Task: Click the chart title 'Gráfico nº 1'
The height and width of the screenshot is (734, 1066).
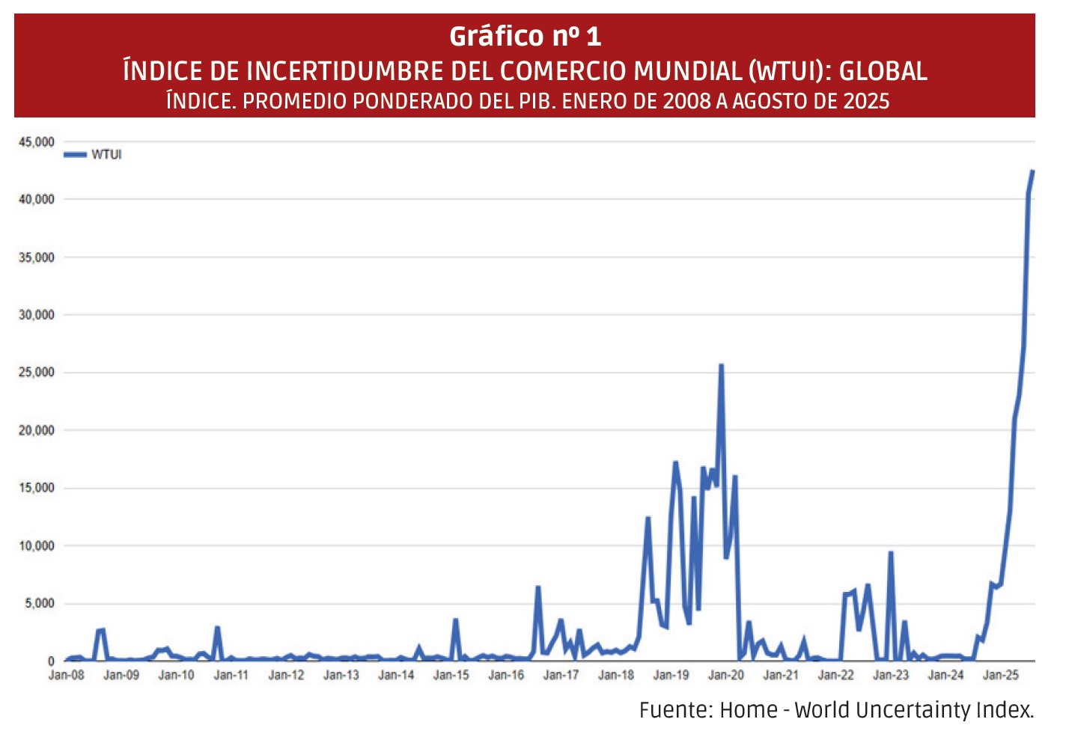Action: tap(525, 36)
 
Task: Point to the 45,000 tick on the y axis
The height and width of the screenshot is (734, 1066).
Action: tap(37, 141)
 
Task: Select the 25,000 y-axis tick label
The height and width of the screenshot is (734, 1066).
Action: tap(37, 373)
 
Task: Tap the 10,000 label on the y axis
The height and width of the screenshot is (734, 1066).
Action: tap(37, 545)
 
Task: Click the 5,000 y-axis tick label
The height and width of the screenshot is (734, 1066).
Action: tap(40, 603)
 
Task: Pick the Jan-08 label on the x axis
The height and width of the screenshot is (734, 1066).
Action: tap(67, 675)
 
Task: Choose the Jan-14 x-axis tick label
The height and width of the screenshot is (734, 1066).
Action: tap(396, 675)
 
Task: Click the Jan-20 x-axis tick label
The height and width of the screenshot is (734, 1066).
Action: tap(726, 675)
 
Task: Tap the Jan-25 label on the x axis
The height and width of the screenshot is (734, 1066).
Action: tap(1001, 675)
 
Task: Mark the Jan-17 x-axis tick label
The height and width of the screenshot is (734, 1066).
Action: tap(561, 675)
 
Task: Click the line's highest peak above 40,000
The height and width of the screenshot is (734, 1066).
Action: tap(1032, 171)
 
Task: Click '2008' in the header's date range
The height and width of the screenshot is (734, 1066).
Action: tap(686, 101)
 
